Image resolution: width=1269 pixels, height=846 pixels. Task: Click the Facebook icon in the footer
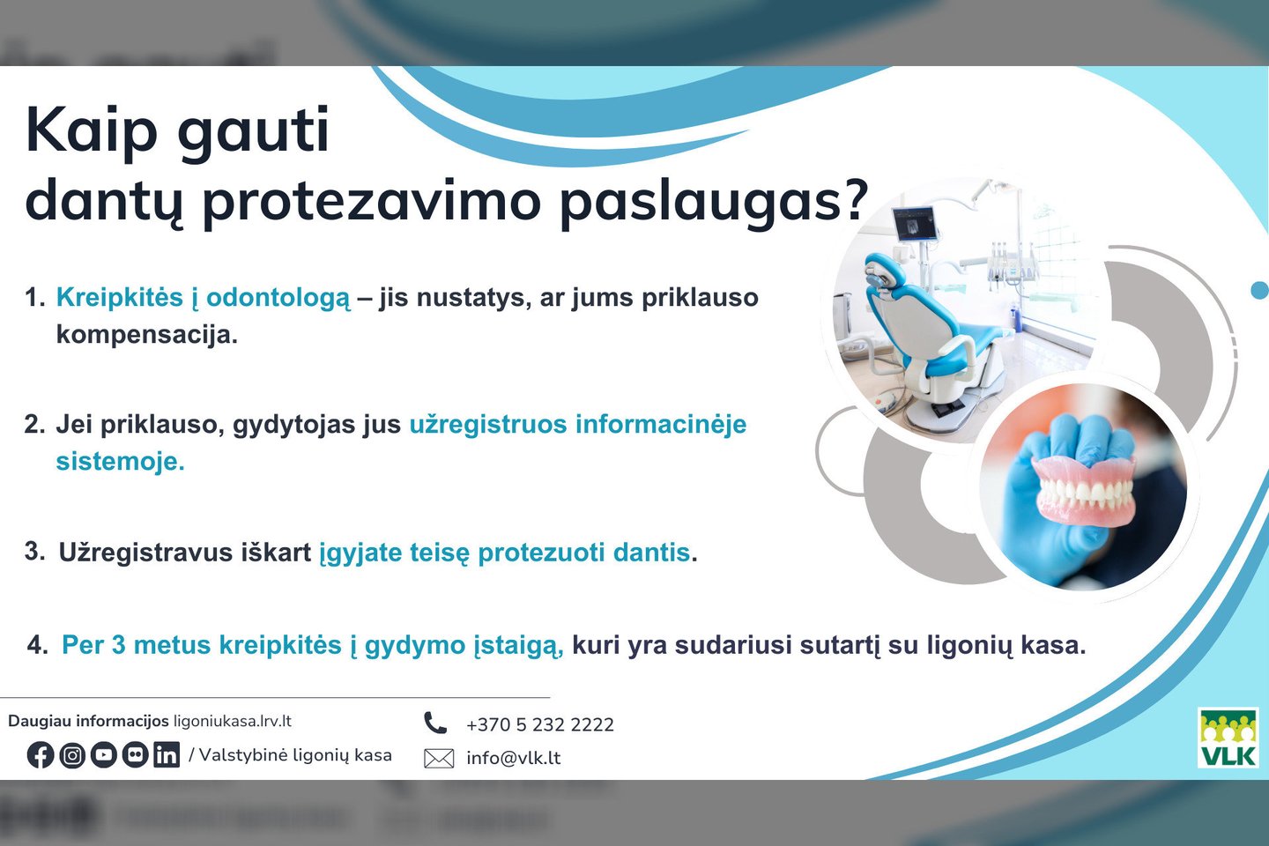point(41,755)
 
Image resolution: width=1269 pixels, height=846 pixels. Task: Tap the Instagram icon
point(72,755)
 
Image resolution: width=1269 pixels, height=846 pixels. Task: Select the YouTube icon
point(103,755)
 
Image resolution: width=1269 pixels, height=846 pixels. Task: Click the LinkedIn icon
point(167,755)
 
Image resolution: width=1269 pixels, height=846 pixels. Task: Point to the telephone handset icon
point(435,723)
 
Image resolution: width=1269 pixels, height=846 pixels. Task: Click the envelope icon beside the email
point(439,758)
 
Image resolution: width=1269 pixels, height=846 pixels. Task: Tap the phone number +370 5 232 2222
point(540,724)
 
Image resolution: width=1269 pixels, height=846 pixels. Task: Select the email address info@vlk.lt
point(513,758)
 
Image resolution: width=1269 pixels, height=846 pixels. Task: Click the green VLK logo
point(1228,738)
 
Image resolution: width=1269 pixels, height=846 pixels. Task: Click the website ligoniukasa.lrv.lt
point(233,722)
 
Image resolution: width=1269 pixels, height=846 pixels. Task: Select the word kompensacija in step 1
point(146,335)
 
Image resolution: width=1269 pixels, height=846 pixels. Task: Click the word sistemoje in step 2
point(120,461)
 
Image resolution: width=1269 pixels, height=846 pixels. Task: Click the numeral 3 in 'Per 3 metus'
point(118,645)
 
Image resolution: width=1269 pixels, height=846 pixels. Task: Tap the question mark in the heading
point(851,200)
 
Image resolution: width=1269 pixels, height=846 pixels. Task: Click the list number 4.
point(37,645)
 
